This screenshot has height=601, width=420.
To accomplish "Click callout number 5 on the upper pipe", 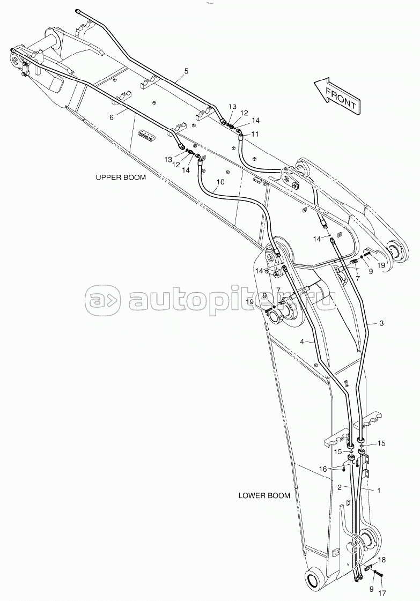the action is tap(187, 71).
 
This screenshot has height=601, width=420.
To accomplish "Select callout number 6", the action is tap(112, 117).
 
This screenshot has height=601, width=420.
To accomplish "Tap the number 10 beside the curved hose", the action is tap(220, 182).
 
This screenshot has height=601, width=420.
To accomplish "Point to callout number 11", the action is tap(255, 134).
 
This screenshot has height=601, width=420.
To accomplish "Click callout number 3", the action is tap(381, 323).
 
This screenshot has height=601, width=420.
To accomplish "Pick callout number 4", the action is tap(302, 342).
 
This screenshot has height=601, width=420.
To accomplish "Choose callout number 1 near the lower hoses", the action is tap(379, 490).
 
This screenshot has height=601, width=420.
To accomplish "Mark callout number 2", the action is tap(340, 487).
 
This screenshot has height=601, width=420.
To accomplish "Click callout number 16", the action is tap(322, 469).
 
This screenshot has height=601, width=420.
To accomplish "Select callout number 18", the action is tap(381, 560).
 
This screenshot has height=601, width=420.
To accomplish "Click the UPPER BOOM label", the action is tap(121, 177).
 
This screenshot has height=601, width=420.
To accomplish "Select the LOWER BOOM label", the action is tap(264, 495).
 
